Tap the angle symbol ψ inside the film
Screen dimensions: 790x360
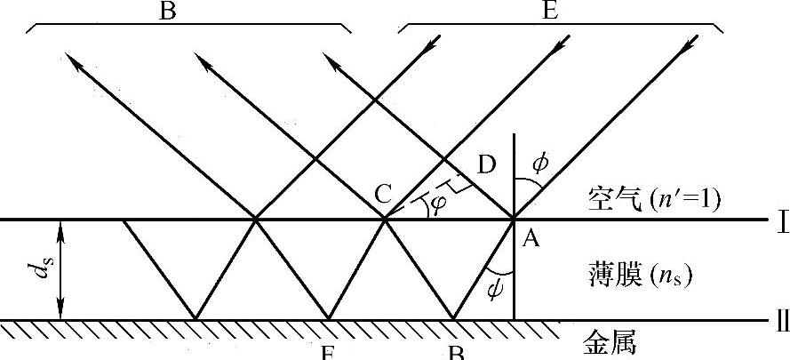tap(497, 286)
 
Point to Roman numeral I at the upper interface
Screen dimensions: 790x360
tap(782, 220)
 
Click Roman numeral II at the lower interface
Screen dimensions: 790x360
tap(782, 321)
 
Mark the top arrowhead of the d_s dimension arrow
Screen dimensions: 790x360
tap(60, 226)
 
